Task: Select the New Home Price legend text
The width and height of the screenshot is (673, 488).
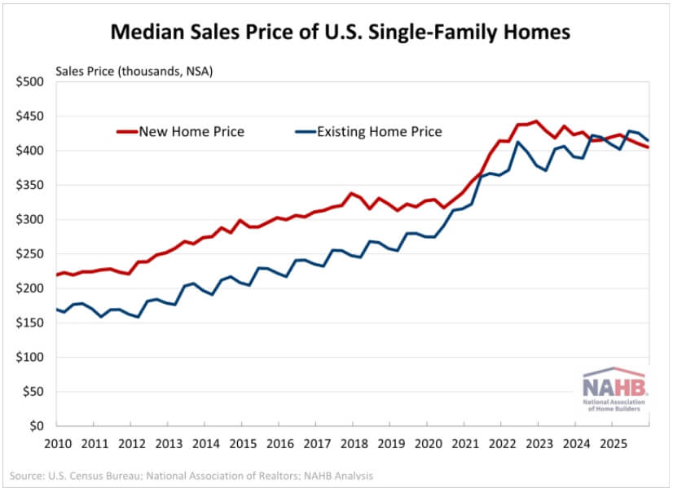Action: [191, 131]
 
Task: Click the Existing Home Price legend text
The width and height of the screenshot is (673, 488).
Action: [380, 131]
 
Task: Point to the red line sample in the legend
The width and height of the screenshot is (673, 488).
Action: [127, 131]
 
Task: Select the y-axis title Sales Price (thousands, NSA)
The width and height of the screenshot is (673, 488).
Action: [134, 71]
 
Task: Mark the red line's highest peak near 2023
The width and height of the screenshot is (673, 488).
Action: [535, 121]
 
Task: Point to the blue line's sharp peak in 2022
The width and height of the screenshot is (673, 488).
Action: [517, 143]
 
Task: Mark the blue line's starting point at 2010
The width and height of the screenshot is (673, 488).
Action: [55, 309]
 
